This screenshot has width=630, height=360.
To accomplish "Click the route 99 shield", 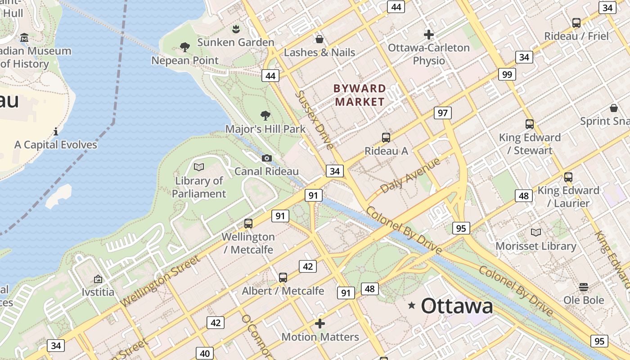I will click(507, 74).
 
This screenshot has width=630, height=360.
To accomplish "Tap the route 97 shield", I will click(443, 112).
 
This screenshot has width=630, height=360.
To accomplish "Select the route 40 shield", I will click(205, 353).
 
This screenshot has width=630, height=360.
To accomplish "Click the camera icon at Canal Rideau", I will click(266, 158).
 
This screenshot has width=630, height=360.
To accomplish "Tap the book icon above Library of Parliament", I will click(198, 167).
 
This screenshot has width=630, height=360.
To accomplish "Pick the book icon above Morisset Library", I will click(536, 232).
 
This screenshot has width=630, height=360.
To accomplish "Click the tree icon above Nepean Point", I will click(184, 47).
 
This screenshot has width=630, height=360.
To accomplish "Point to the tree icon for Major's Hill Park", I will click(265, 115).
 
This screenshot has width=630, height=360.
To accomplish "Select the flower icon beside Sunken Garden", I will click(235, 30).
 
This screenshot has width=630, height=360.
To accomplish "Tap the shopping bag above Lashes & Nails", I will click(319, 39).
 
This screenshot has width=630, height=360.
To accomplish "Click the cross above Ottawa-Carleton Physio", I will click(429, 34).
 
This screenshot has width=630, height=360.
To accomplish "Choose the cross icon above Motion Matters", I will click(320, 323).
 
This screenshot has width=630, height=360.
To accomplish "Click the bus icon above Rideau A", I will click(386, 138).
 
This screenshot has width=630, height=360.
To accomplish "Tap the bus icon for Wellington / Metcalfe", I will click(248, 223).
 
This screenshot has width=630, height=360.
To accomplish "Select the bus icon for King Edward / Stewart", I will click(530, 124).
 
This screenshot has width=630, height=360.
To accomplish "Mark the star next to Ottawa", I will click(411, 306).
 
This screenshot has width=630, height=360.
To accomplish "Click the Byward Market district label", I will click(360, 95).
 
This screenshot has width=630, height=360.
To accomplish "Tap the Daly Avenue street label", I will click(410, 175).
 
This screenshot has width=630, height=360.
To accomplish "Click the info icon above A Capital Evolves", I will click(56, 131).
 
